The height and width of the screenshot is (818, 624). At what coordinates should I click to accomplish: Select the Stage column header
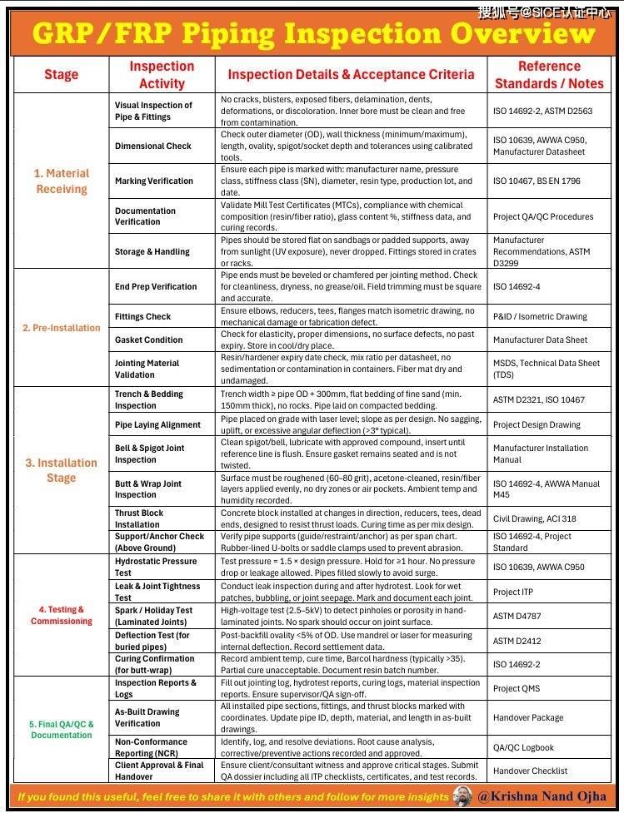[61, 75]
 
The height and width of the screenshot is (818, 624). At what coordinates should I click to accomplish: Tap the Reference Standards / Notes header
[549, 75]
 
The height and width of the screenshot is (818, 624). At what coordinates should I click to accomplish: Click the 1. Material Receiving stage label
[61, 181]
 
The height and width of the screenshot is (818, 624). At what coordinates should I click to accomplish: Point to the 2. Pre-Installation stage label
[61, 328]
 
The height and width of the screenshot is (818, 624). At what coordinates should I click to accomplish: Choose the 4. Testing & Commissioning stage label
[61, 616]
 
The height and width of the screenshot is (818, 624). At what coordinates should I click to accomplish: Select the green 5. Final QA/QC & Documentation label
[62, 730]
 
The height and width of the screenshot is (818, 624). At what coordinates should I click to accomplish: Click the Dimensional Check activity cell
[153, 146]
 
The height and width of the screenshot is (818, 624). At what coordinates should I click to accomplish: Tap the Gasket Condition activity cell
[149, 340]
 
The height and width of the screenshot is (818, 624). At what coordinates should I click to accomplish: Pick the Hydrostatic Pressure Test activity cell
[156, 567]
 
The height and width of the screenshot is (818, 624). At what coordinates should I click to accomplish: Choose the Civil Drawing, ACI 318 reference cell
[534, 518]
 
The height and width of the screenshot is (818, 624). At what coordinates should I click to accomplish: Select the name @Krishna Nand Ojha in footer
[542, 796]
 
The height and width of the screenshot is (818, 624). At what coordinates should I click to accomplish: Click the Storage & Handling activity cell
[152, 251]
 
